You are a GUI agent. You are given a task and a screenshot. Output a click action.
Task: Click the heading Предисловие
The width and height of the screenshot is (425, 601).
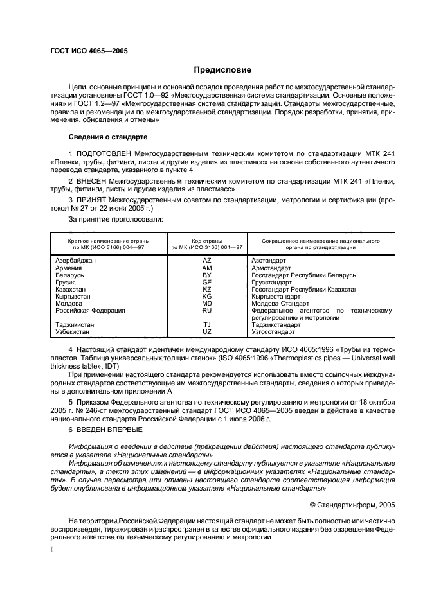pos(222,69)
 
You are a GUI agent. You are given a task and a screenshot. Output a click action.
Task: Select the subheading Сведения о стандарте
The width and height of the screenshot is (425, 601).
pos(108,137)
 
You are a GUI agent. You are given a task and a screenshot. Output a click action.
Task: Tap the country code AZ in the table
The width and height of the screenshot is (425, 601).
pos(206,261)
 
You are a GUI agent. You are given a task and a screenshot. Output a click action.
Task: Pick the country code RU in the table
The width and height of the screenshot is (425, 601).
pos(206,310)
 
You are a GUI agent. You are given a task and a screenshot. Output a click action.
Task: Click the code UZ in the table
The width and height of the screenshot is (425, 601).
pos(206,332)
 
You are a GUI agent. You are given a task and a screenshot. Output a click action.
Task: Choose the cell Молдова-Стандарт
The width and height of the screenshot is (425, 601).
pos(280,303)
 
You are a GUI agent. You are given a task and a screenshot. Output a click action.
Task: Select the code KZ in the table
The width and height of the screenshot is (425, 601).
pos(206,289)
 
